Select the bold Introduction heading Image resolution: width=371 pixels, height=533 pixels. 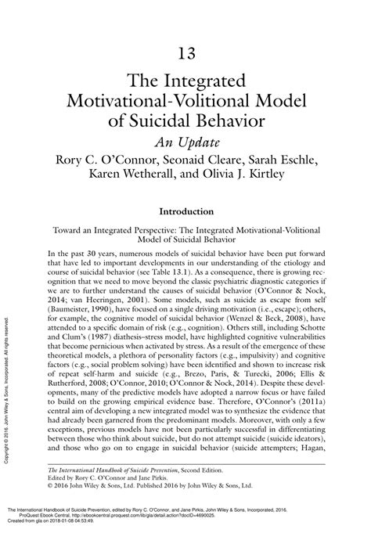(186, 211)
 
